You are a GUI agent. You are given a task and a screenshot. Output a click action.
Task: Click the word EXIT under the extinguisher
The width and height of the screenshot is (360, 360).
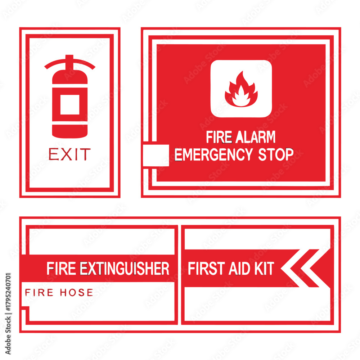tap(69, 154)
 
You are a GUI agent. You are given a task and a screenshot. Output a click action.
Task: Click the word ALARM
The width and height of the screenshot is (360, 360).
tap(255, 137)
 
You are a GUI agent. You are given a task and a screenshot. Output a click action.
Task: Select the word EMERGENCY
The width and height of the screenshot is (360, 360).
tap(213, 154)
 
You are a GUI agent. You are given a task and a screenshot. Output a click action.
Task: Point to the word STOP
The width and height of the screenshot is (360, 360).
tap(276, 154)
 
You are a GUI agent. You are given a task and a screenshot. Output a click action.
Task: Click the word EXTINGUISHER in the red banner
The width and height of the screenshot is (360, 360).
tap(125, 268)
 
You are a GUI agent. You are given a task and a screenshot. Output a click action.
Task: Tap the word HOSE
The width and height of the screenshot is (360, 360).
tap(76, 292)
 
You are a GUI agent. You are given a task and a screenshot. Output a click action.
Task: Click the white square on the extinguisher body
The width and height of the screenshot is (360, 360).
tap(70, 104)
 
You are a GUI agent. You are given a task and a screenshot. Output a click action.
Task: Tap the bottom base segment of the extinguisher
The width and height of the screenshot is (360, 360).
tap(70, 131)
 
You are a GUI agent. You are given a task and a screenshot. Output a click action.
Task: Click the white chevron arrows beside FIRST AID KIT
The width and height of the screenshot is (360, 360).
tap(305, 268)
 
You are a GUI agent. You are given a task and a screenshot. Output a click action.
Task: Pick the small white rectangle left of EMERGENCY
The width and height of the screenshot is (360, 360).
tap(156, 155)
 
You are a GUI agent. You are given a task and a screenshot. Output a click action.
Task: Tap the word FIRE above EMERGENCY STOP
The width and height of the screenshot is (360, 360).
tap(219, 137)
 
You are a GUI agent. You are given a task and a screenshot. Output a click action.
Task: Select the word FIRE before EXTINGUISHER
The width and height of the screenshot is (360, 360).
tap(61, 268)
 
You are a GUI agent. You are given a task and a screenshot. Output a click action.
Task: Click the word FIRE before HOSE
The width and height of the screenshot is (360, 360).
tap(39, 292)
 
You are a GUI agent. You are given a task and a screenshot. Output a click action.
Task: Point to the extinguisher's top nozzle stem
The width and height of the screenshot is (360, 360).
tap(69, 62)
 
